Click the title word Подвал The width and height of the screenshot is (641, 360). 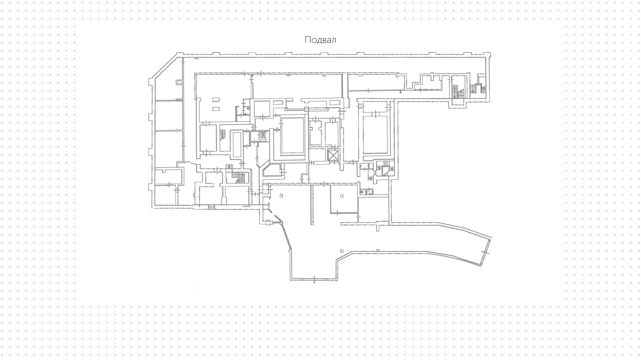pyautogui.click(x=320, y=40)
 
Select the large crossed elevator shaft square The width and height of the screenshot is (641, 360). pyautogui.click(x=333, y=156)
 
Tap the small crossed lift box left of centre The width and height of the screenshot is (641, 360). pyautogui.click(x=262, y=135)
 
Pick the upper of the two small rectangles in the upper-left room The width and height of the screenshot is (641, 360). pyautogui.click(x=216, y=100)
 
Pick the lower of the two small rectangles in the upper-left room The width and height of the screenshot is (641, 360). pyautogui.click(x=216, y=109)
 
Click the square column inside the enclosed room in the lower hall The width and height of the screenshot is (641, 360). pyautogui.click(x=342, y=196)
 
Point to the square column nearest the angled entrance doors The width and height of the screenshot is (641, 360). pyautogui.click(x=281, y=196)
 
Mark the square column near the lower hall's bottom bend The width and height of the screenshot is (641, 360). pyautogui.click(x=342, y=251)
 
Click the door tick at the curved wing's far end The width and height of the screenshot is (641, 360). pyautogui.click(x=486, y=253)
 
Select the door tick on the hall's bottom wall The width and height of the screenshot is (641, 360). pyautogui.click(x=314, y=279)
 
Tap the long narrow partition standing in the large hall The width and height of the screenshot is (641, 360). pyautogui.click(x=312, y=205)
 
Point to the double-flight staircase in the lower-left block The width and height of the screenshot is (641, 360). pyautogui.click(x=238, y=177)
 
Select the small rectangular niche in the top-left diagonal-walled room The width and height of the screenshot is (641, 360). pyautogui.click(x=180, y=81)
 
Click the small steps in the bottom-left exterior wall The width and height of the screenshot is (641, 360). pyautogui.click(x=211, y=207)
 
